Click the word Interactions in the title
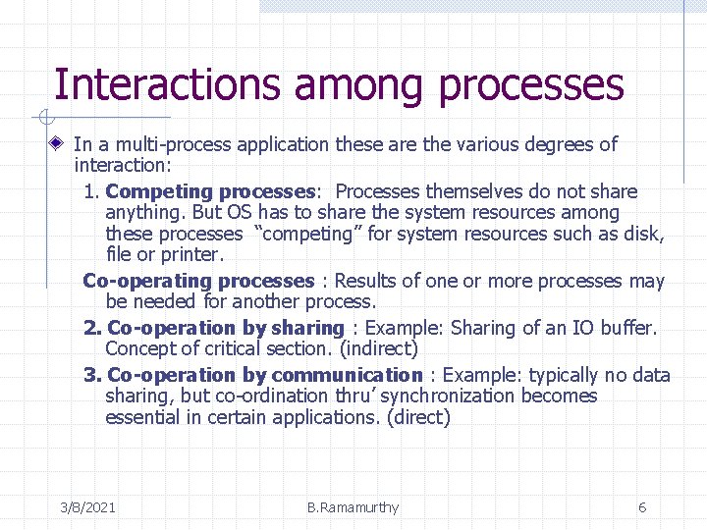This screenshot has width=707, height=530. [x=167, y=84]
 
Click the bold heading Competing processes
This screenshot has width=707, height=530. [x=208, y=191]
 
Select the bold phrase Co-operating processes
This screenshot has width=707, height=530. [x=198, y=282]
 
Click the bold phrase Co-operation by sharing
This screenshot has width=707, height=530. [x=225, y=328]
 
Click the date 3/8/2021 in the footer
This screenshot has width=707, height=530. [x=88, y=507]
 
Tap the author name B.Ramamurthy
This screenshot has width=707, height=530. [x=353, y=507]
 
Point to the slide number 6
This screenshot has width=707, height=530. [x=642, y=507]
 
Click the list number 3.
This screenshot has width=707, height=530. [x=91, y=375]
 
